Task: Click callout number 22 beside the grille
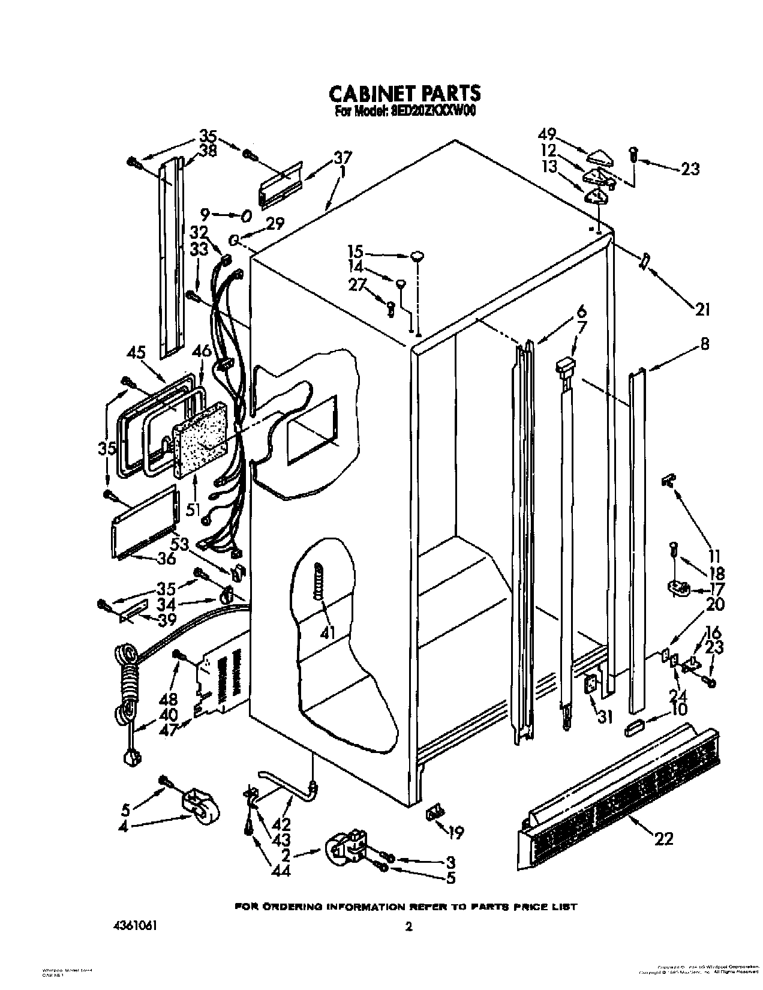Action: point(664,838)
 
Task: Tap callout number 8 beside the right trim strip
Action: point(704,344)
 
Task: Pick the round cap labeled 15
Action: point(418,256)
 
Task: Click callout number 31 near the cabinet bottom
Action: point(606,716)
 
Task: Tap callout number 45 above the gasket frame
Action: point(136,352)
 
